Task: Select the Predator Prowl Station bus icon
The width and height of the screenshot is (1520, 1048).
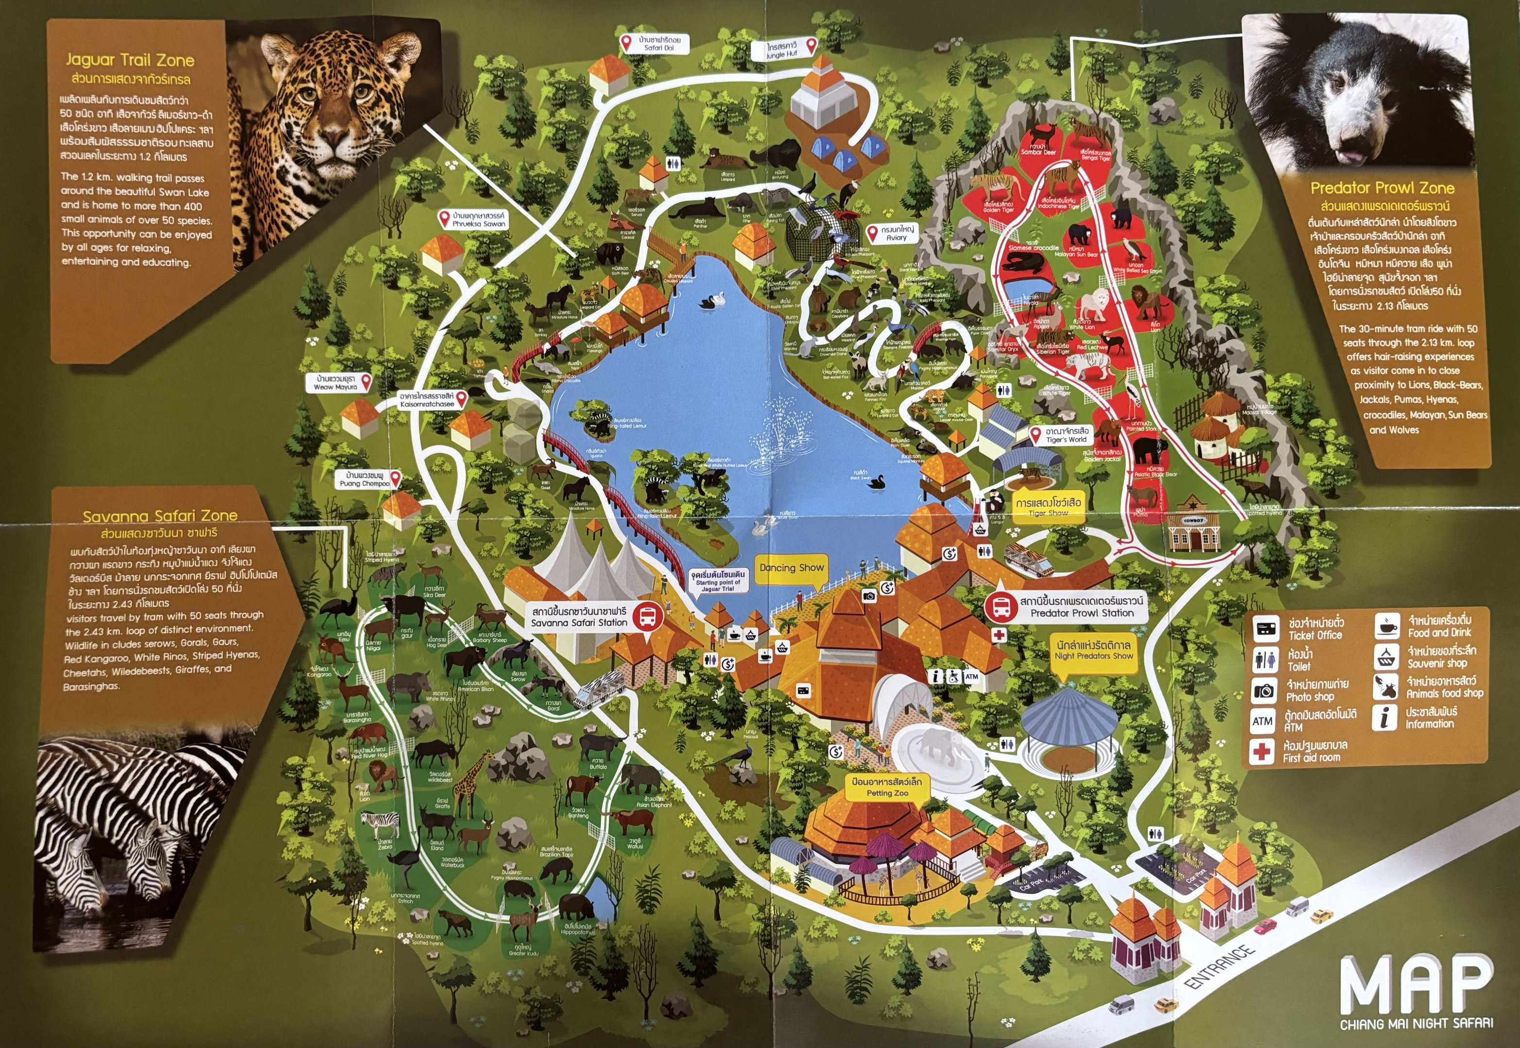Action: [x=1002, y=607]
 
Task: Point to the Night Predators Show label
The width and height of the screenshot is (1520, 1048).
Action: [x=1093, y=650]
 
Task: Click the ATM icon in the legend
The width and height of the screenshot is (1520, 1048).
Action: [x=1262, y=721]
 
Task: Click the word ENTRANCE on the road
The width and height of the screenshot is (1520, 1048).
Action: [x=1219, y=966]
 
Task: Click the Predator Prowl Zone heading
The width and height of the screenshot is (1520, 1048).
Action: [x=1382, y=188]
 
